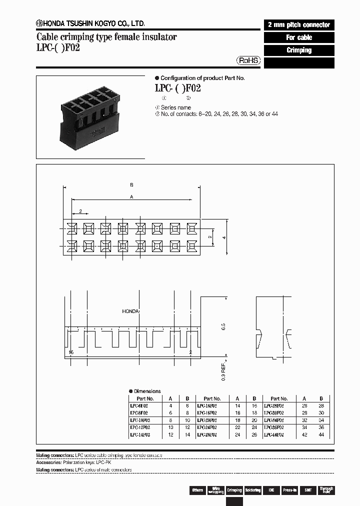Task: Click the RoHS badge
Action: [248, 60]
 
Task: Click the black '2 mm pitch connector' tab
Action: [299, 24]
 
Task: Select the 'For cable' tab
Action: [299, 37]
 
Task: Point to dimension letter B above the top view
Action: [131, 185]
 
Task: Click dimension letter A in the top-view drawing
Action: [131, 197]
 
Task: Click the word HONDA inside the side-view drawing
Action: [131, 311]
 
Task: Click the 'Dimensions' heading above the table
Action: [147, 391]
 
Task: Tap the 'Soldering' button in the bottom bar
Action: [253, 490]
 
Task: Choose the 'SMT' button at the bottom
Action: [308, 490]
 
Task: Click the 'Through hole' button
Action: [326, 490]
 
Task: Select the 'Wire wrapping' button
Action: [216, 490]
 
